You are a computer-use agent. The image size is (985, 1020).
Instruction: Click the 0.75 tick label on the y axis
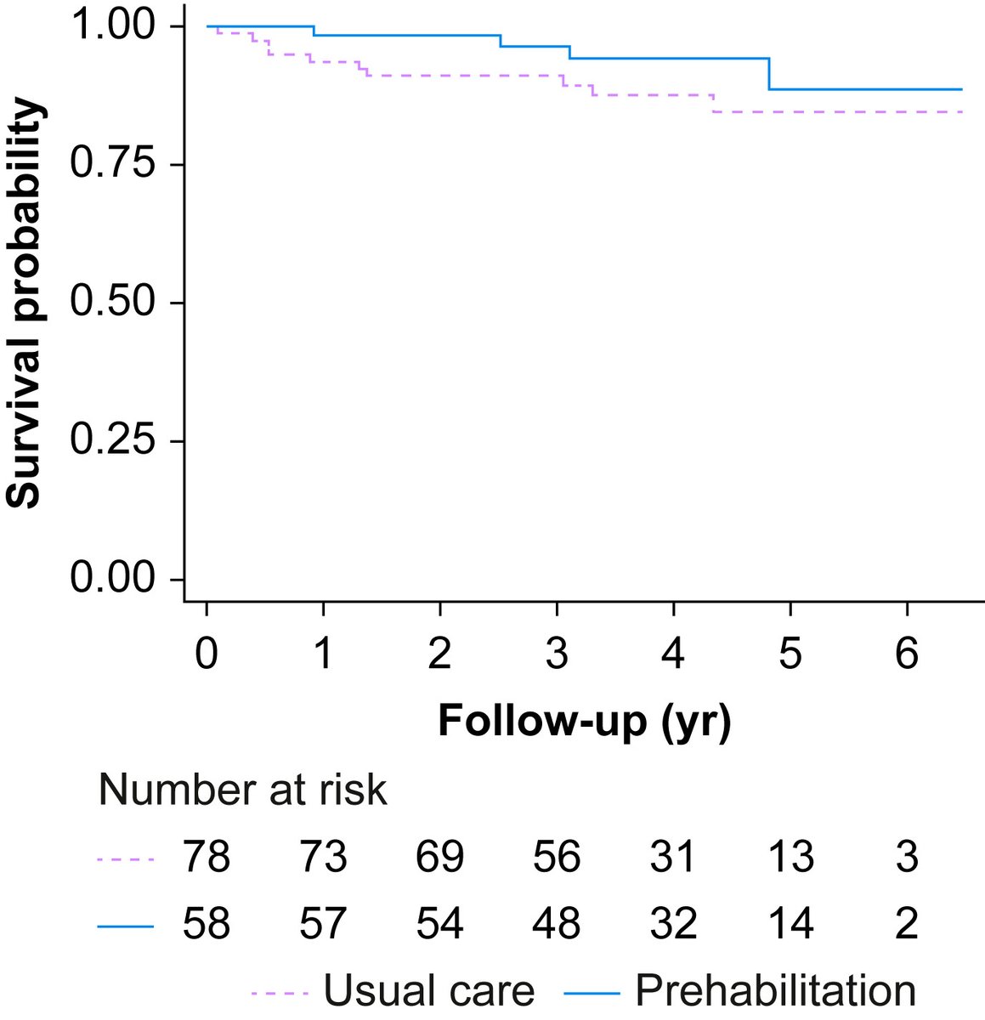coord(114,164)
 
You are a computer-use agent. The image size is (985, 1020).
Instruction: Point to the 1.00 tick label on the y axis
coord(114,25)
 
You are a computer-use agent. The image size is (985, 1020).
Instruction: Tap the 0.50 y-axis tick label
coord(114,303)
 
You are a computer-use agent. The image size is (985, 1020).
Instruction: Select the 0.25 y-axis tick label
coord(114,441)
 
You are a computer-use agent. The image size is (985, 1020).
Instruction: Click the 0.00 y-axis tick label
coord(114,579)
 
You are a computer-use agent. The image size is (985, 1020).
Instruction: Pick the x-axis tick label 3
coord(557,655)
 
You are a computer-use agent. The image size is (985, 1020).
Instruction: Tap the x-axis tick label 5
coord(790,655)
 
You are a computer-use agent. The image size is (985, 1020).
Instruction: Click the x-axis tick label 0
coord(207,655)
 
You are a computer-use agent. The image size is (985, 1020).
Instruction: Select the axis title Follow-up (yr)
coord(585,722)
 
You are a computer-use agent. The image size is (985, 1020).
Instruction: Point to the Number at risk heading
coord(243,790)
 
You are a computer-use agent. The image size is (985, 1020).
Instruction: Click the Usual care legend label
coord(429,991)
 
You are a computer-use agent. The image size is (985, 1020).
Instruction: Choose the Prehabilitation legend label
coord(775,991)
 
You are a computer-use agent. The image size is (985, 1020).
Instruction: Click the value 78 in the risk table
coord(207,857)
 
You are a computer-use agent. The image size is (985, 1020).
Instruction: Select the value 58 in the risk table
coord(207,924)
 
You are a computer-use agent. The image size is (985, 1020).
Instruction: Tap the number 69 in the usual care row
coord(440,857)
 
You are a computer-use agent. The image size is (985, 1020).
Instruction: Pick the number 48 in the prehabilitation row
coord(557,924)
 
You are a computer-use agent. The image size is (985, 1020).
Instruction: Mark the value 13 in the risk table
coord(790,857)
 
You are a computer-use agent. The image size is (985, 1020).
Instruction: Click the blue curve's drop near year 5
coord(770,74)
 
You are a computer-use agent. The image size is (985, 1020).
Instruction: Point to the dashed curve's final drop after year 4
coord(713,104)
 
